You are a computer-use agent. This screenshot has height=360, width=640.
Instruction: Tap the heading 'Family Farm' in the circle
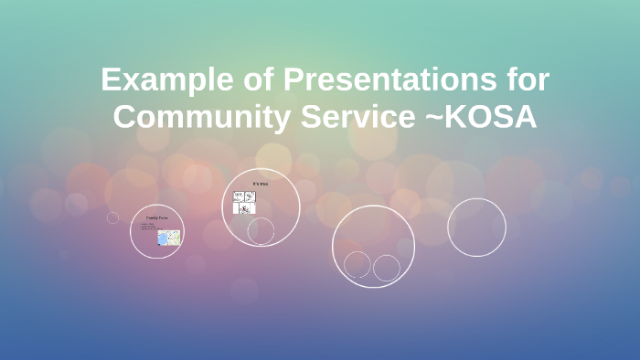[156, 218]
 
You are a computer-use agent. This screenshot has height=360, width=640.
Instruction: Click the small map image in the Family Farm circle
[169, 238]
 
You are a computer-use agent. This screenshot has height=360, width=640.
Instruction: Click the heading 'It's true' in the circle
[261, 184]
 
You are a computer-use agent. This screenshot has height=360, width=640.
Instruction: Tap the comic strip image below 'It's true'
[244, 202]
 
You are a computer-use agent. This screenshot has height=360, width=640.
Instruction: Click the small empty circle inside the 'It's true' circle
[261, 231]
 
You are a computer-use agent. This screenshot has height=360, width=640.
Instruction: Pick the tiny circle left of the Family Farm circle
[112, 217]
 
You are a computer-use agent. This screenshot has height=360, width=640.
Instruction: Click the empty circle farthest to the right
[476, 228]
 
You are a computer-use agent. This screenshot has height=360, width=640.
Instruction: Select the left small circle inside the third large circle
[357, 265]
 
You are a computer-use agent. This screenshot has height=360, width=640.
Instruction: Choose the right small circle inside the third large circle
[387, 268]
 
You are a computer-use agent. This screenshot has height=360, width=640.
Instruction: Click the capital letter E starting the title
[111, 80]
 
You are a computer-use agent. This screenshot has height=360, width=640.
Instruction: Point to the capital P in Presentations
[294, 80]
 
